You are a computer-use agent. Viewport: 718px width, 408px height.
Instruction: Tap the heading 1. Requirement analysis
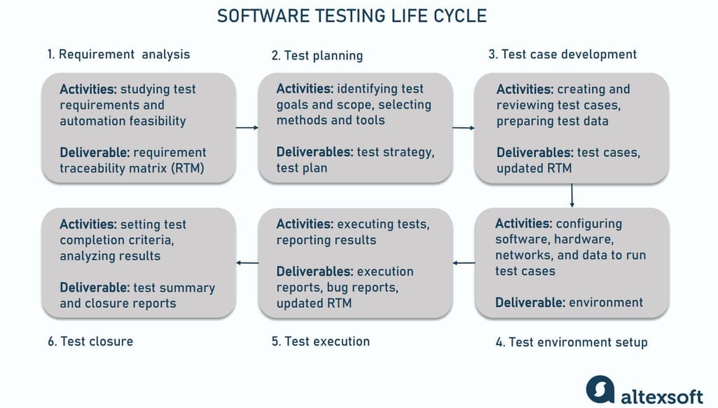118,54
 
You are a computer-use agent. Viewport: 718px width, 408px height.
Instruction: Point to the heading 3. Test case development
562,54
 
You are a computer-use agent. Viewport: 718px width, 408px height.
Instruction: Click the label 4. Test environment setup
572,342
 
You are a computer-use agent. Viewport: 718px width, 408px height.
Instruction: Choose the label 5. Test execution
321,341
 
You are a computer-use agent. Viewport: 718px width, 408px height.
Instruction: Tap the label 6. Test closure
90,341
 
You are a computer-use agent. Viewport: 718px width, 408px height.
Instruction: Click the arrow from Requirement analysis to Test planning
247,128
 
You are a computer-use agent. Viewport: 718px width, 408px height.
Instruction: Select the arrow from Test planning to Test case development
463,128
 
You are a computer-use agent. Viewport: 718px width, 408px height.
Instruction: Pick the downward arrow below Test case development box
572,196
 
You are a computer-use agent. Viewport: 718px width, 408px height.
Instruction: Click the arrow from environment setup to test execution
464,263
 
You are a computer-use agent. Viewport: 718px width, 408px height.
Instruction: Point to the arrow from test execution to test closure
247,263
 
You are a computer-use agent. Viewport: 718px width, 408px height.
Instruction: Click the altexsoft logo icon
600,390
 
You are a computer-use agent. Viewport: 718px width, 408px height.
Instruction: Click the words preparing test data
552,121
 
